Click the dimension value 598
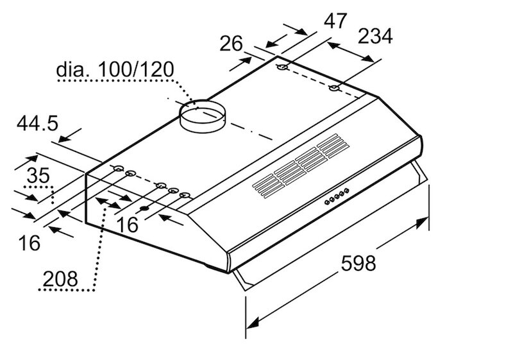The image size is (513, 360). [358, 263]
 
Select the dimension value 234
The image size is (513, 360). [375, 36]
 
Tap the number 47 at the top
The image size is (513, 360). [335, 21]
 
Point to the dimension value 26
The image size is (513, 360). [231, 44]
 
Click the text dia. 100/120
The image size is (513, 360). [115, 69]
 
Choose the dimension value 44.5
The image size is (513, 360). [37, 123]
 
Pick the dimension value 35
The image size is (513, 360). [38, 175]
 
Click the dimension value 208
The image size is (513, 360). [60, 279]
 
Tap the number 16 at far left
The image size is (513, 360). [29, 243]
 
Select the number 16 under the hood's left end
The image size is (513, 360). [127, 225]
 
